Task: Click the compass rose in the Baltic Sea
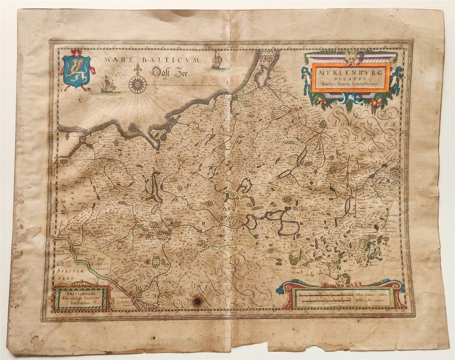[x=138, y=84]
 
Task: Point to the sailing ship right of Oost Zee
[x=216, y=61]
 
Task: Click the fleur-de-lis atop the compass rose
[x=138, y=69]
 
